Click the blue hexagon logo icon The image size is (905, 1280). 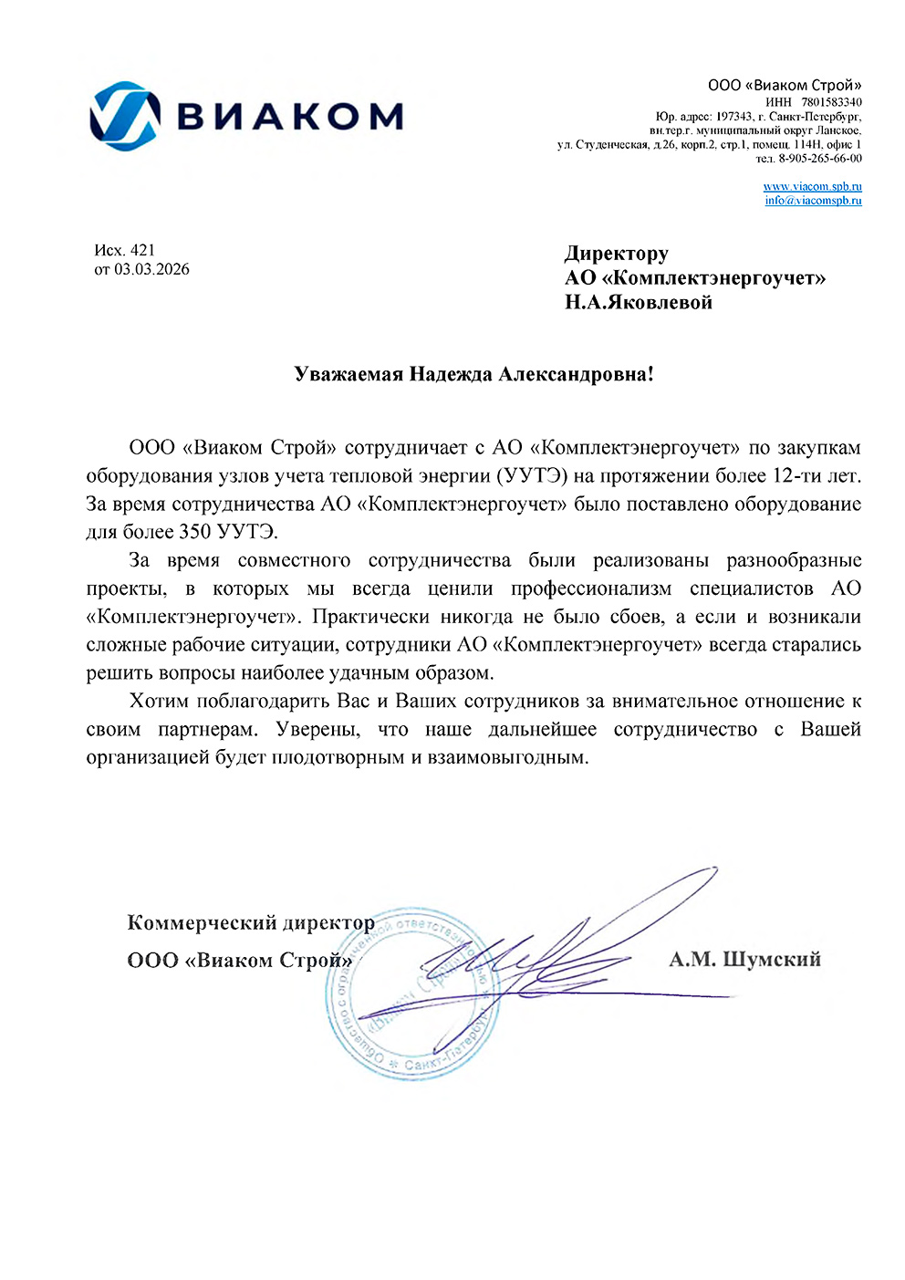click(x=125, y=116)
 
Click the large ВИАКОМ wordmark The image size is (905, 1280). click(x=289, y=117)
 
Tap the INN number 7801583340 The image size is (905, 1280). click(x=831, y=102)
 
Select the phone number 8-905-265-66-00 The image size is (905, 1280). click(x=820, y=159)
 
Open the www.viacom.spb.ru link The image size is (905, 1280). click(x=812, y=186)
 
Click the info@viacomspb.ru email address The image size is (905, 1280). click(x=813, y=201)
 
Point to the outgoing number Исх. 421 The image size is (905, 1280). click(x=125, y=250)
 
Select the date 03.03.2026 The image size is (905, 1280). click(x=151, y=269)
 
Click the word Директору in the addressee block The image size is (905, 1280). click(x=617, y=254)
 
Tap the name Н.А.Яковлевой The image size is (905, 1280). click(x=638, y=303)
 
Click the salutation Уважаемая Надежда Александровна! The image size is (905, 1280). click(x=473, y=374)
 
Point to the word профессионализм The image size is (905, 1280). click(x=591, y=588)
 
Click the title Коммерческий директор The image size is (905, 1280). click(x=251, y=922)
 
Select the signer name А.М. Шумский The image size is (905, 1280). click(x=744, y=959)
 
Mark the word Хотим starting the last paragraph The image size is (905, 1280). click(x=159, y=701)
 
